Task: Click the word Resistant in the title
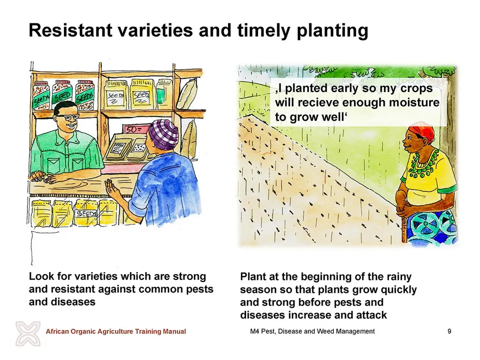tap(70, 30)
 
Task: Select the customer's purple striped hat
tap(163, 134)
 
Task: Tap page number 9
tap(449, 331)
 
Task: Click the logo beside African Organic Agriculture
tap(28, 333)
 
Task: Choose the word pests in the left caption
tap(199, 289)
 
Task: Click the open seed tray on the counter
tap(126, 147)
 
